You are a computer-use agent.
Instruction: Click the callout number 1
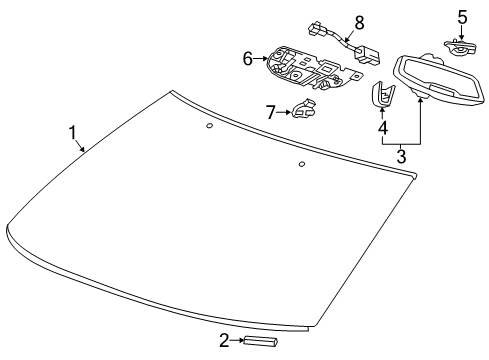[72, 132]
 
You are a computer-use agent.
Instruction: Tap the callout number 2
[224, 341]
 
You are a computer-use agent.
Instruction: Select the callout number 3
[401, 157]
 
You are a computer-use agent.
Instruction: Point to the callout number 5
[462, 16]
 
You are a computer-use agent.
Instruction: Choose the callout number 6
[248, 59]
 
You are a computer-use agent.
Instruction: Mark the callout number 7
[270, 112]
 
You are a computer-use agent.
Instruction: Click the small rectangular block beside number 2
[264, 342]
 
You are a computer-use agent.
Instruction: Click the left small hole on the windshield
[207, 126]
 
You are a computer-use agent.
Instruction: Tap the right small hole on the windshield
[301, 163]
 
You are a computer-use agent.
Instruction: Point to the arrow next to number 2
[239, 342]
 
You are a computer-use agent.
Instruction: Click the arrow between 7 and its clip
[285, 112]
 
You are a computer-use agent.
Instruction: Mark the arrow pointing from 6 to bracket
[261, 59]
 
